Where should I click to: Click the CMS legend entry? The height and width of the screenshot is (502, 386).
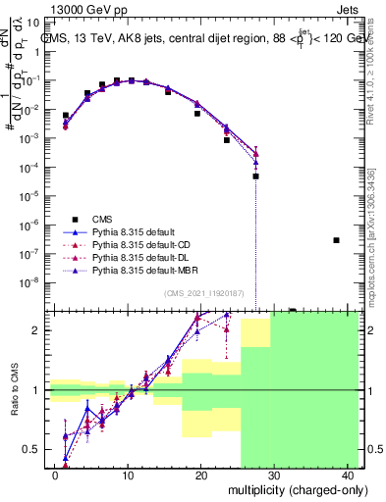(110, 219)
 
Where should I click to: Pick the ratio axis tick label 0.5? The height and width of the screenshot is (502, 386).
(33, 450)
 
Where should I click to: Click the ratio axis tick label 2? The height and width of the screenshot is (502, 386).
(39, 331)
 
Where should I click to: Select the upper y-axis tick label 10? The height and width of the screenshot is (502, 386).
(34, 24)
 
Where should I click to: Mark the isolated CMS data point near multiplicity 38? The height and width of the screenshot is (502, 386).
(336, 240)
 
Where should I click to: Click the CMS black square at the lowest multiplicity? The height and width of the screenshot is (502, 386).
(66, 116)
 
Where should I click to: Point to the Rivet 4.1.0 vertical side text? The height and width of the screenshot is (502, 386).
(373, 69)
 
